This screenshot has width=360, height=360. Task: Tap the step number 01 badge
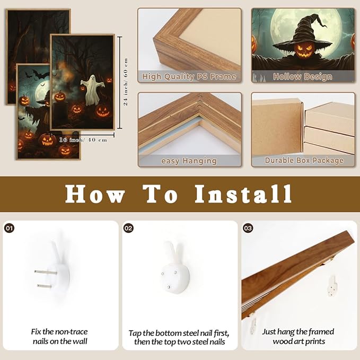pyautogui.click(x=9, y=228)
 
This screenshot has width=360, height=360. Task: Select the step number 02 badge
pyautogui.click(x=128, y=228)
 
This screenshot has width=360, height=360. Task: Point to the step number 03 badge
pyautogui.click(x=248, y=228)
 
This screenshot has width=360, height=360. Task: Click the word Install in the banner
pyautogui.click(x=243, y=194)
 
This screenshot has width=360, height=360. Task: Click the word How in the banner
pyautogui.click(x=95, y=194)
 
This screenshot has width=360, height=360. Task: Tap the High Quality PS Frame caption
pyautogui.click(x=189, y=76)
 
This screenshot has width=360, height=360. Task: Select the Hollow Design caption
pyautogui.click(x=303, y=76)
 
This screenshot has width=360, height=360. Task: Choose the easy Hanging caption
pyautogui.click(x=189, y=161)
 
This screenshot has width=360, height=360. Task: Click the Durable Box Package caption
pyautogui.click(x=304, y=160)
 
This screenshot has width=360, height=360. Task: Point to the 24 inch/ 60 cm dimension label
pyautogui.click(x=126, y=82)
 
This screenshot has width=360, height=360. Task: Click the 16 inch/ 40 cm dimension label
pyautogui.click(x=83, y=140)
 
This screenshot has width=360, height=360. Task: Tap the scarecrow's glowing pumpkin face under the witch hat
pyautogui.click(x=303, y=51)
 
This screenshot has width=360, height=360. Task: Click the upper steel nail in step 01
pyautogui.click(x=46, y=273)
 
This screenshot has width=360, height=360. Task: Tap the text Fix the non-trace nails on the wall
pyautogui.click(x=60, y=336)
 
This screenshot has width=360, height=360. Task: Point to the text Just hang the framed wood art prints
pyautogui.click(x=298, y=336)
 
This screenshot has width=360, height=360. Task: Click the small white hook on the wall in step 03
pyautogui.click(x=332, y=286)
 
